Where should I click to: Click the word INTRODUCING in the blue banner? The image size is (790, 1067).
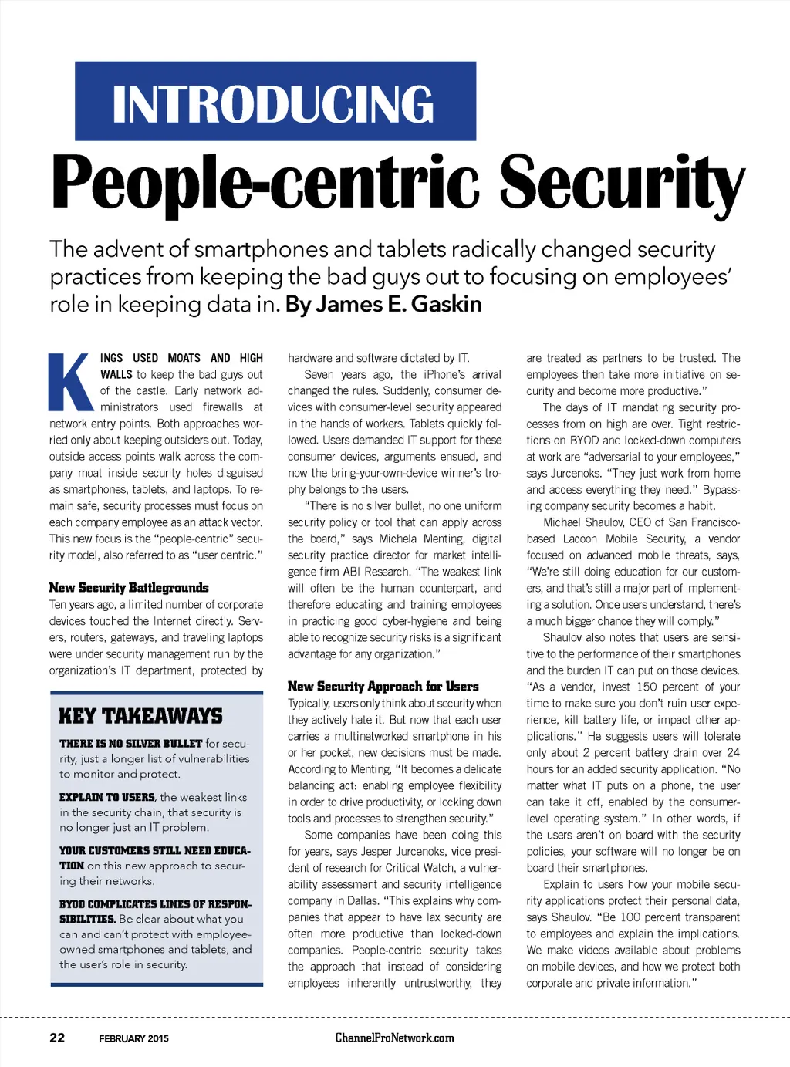pos(274,103)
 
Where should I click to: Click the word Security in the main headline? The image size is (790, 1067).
pos(622,183)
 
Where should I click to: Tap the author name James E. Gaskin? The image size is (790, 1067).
pos(383,304)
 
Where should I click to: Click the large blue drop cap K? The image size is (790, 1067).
pos(71,383)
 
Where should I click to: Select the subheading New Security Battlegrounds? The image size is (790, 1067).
pos(129,588)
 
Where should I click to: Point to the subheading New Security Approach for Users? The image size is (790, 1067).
pos(383,687)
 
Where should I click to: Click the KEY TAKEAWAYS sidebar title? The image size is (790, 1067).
pos(140,716)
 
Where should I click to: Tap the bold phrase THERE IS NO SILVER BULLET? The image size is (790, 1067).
pos(130,744)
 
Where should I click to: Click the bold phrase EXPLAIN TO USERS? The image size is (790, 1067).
pos(107,797)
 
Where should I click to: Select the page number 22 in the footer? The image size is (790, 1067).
pos(57,1038)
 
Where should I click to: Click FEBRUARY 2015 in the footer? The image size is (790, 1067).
pos(133,1038)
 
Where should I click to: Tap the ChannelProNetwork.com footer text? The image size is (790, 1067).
pos(394,1038)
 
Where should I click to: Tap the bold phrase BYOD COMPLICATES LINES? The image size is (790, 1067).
pos(155,904)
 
